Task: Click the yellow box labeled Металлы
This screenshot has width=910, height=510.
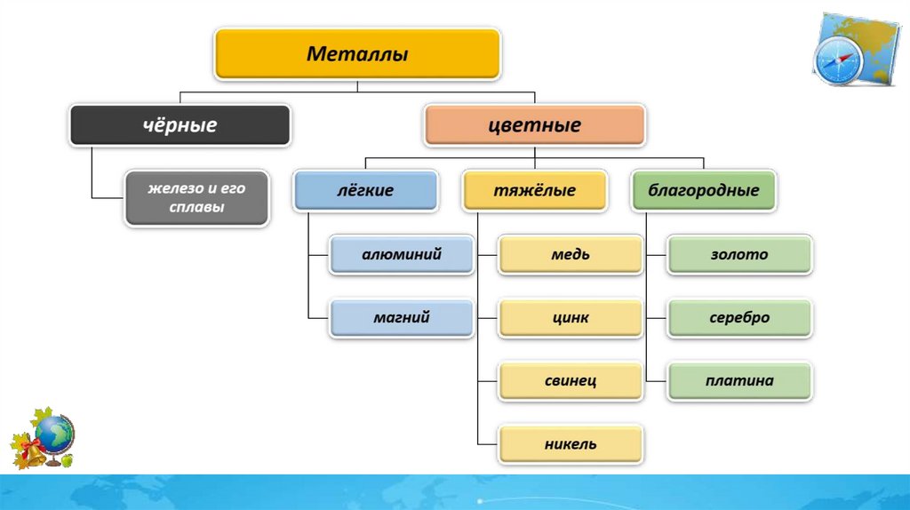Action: coord(357,54)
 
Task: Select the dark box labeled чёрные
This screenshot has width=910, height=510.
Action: coord(180,125)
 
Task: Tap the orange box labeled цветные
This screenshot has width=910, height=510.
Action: coord(534,125)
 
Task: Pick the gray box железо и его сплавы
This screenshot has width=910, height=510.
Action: coord(196,198)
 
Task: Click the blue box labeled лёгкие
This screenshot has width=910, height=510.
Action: coord(365,190)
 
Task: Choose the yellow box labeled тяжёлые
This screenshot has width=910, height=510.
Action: coord(534,190)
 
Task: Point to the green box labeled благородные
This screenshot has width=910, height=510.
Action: coord(703,190)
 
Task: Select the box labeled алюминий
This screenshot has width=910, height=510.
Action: coord(402,254)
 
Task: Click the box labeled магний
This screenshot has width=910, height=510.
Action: coord(402,317)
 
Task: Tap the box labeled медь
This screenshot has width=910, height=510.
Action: coord(571,254)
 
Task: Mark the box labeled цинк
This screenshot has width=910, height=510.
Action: coord(571,317)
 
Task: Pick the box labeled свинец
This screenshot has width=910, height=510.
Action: coord(571,380)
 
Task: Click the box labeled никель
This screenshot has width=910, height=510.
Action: coord(571,443)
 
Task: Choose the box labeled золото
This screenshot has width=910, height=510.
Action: coord(739,254)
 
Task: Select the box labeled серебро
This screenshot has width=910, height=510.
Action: coord(739,317)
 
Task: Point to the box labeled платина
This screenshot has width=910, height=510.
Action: coord(739,380)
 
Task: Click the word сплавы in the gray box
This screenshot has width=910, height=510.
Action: coord(196,207)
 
